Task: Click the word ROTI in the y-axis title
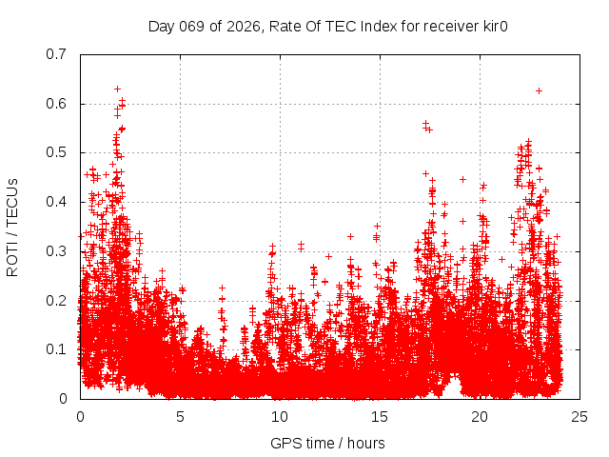pyautogui.click(x=12, y=258)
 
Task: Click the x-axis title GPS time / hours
pyautogui.click(x=327, y=443)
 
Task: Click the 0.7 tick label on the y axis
pyautogui.click(x=57, y=54)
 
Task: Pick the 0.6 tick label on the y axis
pyautogui.click(x=57, y=104)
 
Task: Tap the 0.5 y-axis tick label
pyautogui.click(x=57, y=152)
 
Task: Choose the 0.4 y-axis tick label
pyautogui.click(x=57, y=202)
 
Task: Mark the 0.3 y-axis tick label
pyautogui.click(x=57, y=251)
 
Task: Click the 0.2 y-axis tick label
pyautogui.click(x=57, y=300)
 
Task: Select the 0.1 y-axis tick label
pyautogui.click(x=57, y=349)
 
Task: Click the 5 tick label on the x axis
pyautogui.click(x=180, y=416)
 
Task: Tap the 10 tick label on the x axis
pyautogui.click(x=280, y=416)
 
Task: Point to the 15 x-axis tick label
pyautogui.click(x=380, y=416)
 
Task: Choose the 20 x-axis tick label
pyautogui.click(x=480, y=416)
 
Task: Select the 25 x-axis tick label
pyautogui.click(x=580, y=416)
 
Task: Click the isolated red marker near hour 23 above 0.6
pyautogui.click(x=539, y=90)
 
